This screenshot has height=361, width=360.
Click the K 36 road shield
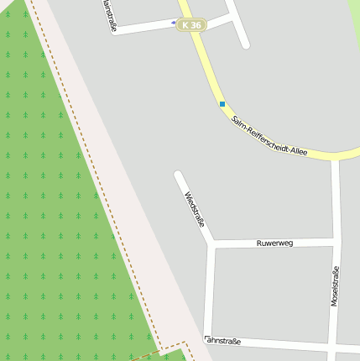click(x=190, y=25)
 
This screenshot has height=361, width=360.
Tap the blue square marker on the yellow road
click(x=222, y=104)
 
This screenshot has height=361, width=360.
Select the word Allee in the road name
click(x=298, y=152)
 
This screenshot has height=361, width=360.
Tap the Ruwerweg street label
click(x=275, y=243)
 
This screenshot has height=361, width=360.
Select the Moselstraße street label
click(x=335, y=285)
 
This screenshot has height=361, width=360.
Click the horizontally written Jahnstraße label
click(x=223, y=341)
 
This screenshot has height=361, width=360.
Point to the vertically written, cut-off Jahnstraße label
click(x=108, y=14)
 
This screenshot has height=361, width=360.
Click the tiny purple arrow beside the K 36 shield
click(x=174, y=23)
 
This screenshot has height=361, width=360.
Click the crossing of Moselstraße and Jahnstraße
click(x=334, y=346)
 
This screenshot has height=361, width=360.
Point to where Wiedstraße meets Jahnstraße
click(x=208, y=338)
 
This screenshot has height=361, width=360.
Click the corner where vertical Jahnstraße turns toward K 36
click(x=117, y=31)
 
